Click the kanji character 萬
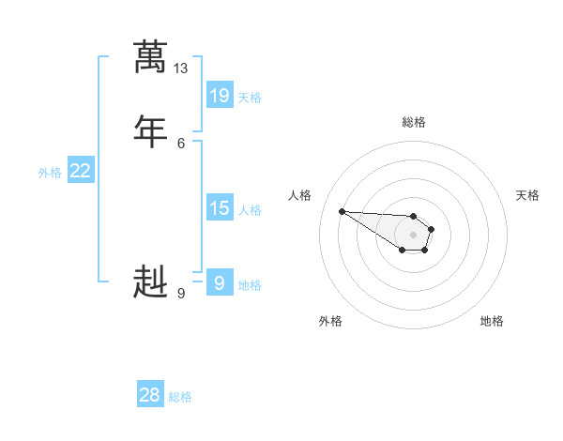[150, 57]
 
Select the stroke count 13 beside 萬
[181, 68]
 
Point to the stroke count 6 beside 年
[181, 142]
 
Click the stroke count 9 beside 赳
[181, 293]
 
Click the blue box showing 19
[220, 96]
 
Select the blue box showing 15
[220, 208]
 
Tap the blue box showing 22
[81, 171]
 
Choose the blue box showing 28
[150, 395]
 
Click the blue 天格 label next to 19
[250, 98]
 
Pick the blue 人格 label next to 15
[250, 210]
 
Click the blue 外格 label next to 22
[50, 173]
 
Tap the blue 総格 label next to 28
[180, 397]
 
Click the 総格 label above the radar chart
[413, 122]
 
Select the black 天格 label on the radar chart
[527, 195]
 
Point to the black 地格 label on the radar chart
[492, 321]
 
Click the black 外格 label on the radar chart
[330, 321]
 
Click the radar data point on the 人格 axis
[342, 211]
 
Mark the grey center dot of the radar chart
[413, 235]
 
